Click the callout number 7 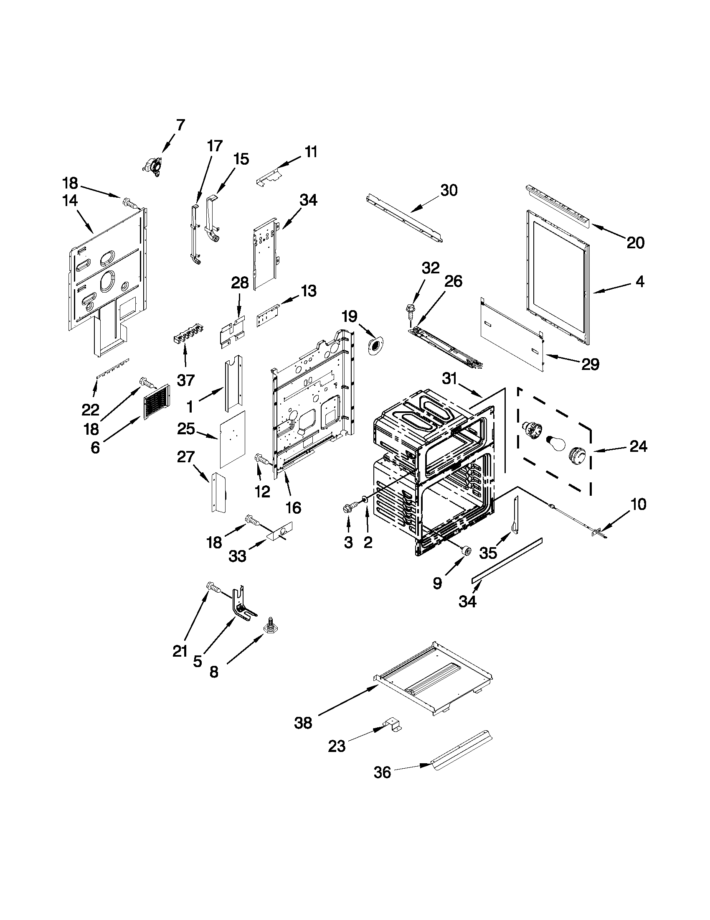tap(180, 125)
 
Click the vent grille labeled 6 tap(157, 402)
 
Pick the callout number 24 tap(638, 446)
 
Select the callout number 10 tap(639, 504)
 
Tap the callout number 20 tap(635, 242)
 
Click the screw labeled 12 tap(261, 461)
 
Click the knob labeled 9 tap(465, 550)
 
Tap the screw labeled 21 tap(214, 588)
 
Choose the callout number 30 tap(449, 191)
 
